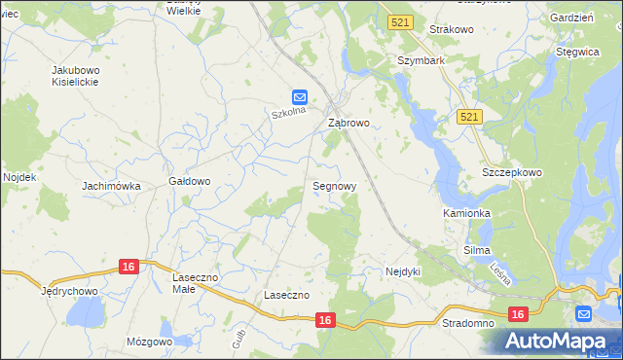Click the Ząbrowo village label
tap(348, 124)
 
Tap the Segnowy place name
tap(334, 185)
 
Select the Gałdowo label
tap(190, 181)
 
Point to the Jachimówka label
tap(112, 185)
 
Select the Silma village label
tap(476, 250)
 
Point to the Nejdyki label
tap(403, 271)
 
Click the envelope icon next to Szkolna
tap(300, 97)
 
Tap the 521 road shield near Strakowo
tap(397, 21)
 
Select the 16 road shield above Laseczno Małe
tap(129, 266)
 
